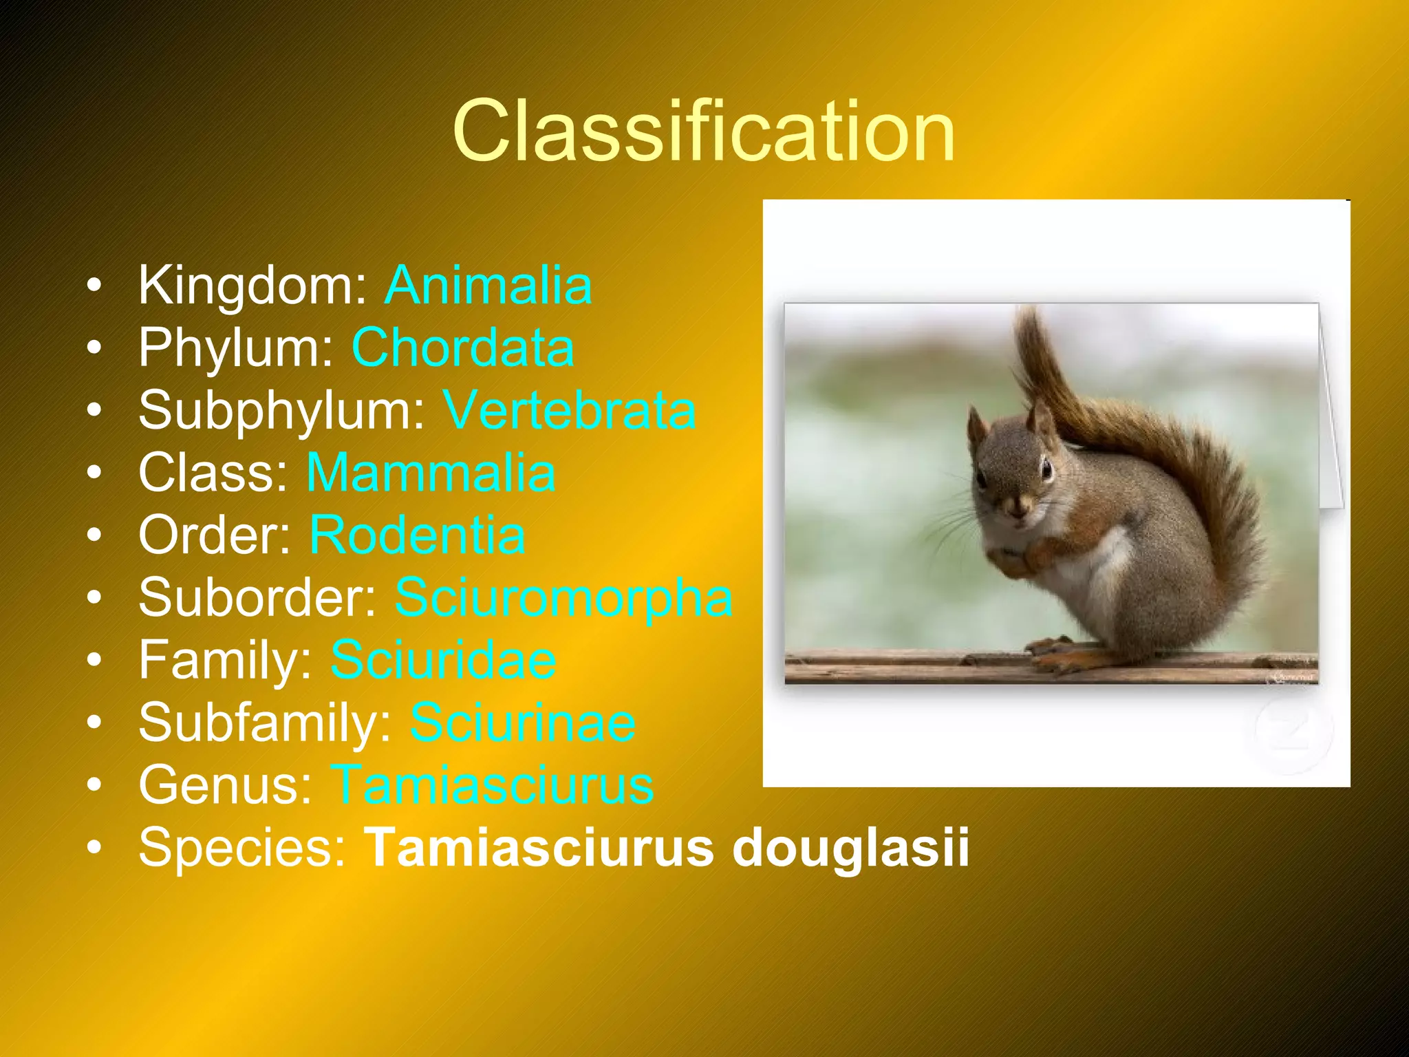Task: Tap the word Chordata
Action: coord(462,348)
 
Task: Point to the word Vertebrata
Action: coord(569,410)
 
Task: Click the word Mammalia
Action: coord(431,473)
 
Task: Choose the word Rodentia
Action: coord(417,535)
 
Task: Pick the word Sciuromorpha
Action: coord(563,597)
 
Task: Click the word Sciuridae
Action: coord(443,660)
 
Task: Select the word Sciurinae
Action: coord(523,723)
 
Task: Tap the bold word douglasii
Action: coord(850,847)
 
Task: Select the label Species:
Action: coord(243,847)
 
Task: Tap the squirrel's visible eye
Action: coord(1046,471)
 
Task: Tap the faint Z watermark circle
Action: coord(1293,731)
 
